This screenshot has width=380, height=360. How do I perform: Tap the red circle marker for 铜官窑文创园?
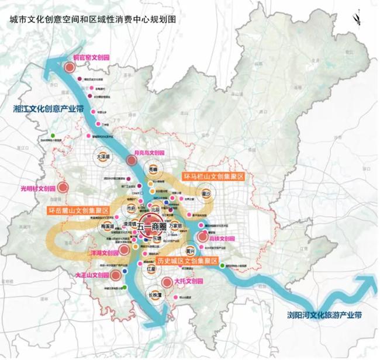point(69,68)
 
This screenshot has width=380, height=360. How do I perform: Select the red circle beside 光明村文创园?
point(64,188)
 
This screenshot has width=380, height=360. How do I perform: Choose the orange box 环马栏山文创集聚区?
point(213,176)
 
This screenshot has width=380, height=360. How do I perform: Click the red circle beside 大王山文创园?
point(115,275)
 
